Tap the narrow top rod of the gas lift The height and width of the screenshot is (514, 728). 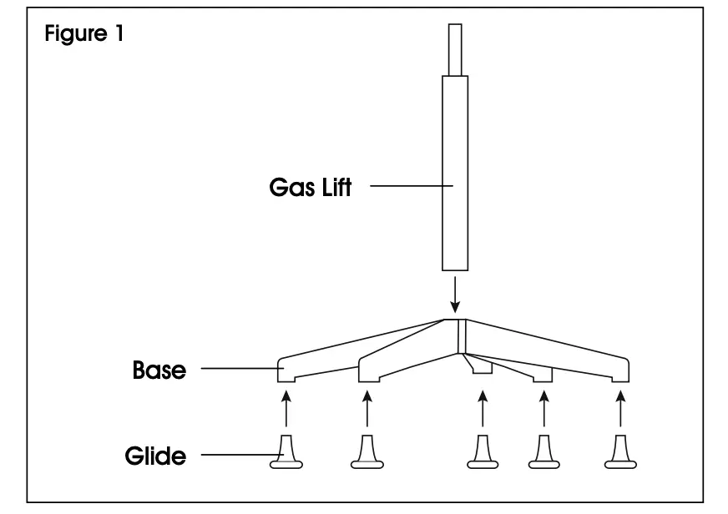pos(455,48)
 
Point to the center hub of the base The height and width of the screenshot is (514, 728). pos(458,334)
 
